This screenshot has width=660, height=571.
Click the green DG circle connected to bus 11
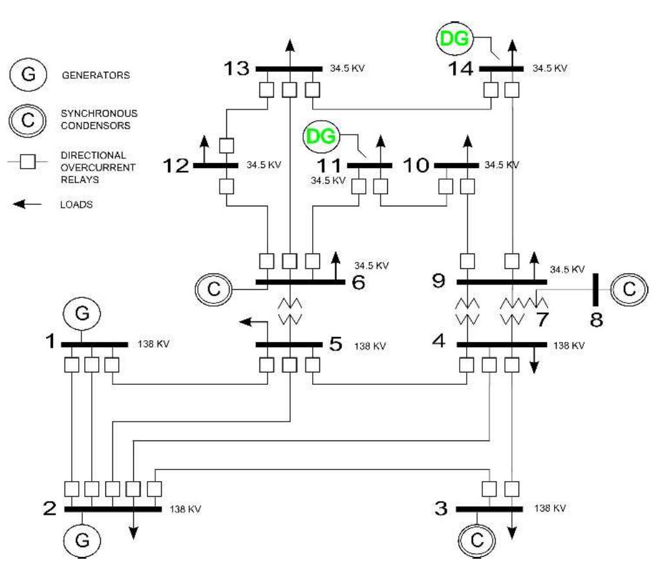click(x=323, y=137)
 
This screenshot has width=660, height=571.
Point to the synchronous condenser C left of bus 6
click(x=218, y=289)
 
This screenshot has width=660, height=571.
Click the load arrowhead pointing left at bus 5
click(x=244, y=320)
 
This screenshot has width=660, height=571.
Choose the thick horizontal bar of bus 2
click(x=113, y=509)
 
